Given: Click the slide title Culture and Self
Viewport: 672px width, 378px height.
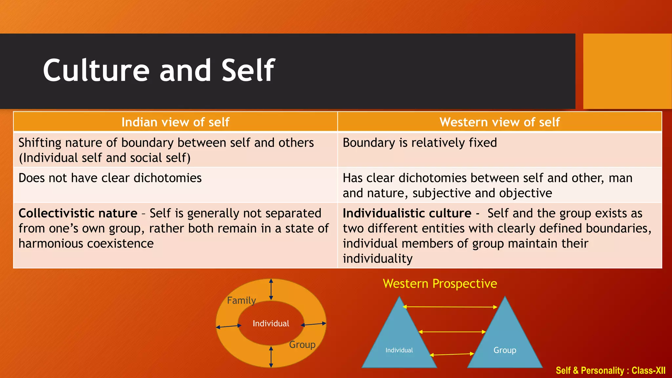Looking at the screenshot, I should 159,70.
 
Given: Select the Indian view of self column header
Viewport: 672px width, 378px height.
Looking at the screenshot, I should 175,122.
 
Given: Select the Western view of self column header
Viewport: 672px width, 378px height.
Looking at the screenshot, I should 499,122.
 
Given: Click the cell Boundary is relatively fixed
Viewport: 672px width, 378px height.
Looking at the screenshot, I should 420,143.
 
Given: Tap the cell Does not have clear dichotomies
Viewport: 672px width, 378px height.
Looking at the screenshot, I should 110,178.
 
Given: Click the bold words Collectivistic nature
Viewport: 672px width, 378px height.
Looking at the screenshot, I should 78,214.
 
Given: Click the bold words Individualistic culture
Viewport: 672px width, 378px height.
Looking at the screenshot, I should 407,214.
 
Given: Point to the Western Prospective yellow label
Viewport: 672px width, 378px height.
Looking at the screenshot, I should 440,284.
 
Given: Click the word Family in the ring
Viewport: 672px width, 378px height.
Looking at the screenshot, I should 241,301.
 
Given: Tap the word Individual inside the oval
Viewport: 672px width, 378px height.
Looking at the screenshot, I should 271,324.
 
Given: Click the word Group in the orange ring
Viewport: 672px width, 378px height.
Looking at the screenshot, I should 302,345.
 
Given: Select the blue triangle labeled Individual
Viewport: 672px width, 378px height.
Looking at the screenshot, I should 399,341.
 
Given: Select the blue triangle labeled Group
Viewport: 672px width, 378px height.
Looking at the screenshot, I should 505,341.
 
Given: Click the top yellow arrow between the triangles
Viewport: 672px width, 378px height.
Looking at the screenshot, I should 450,307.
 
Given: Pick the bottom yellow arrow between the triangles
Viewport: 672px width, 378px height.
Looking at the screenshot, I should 452,354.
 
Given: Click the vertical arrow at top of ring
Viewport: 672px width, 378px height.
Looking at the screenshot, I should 271,289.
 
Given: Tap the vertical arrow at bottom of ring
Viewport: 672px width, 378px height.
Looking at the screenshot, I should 271,357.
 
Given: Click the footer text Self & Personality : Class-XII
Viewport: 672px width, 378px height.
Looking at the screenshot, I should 610,371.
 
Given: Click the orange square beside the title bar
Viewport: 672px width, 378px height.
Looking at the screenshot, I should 627,71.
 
